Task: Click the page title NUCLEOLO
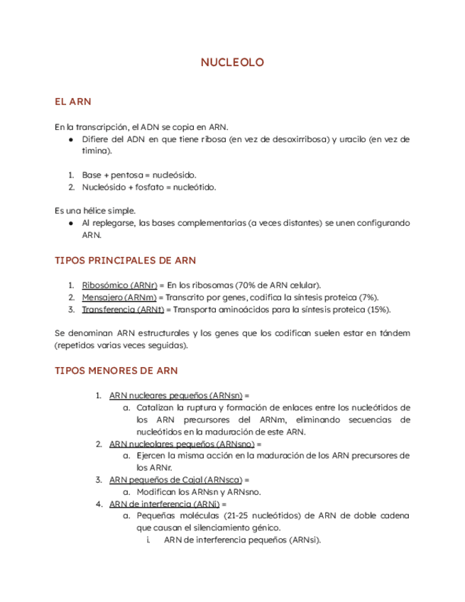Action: [x=232, y=63]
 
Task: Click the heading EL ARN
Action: [x=74, y=102]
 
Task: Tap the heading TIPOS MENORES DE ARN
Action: [x=116, y=371]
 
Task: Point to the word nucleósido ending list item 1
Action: [x=175, y=175]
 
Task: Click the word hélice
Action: [x=94, y=210]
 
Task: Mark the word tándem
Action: [x=393, y=333]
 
